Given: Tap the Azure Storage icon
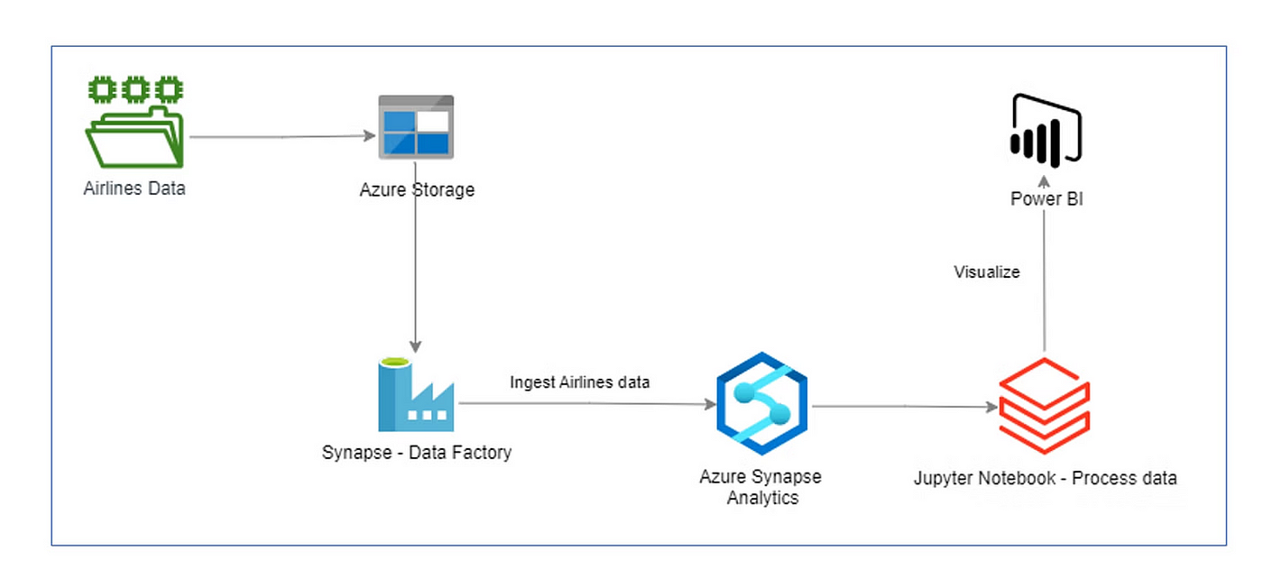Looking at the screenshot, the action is (416, 127).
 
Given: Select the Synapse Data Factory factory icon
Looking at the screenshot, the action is (416, 394).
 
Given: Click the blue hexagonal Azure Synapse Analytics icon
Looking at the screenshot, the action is (761, 404).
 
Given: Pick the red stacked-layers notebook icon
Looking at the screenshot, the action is (1045, 405).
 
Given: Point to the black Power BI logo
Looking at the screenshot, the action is (1046, 131).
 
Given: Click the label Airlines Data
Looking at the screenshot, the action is (134, 188).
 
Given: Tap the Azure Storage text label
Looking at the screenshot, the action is (417, 190).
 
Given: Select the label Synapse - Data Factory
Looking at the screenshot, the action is (417, 452).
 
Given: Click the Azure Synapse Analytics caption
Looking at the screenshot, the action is (761, 487).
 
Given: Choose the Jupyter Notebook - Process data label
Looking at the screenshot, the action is (1046, 478).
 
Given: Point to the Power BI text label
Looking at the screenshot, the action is (1046, 199).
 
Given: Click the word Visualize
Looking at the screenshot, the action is (987, 272).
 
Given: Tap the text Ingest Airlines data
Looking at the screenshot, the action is (579, 382).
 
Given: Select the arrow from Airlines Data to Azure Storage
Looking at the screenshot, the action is (282, 136).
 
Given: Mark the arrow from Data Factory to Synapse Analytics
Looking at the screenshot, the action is (587, 404).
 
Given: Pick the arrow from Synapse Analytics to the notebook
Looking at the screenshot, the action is (905, 406).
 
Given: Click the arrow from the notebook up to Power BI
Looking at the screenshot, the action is (1045, 263).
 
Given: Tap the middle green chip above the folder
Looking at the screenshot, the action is (135, 89).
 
